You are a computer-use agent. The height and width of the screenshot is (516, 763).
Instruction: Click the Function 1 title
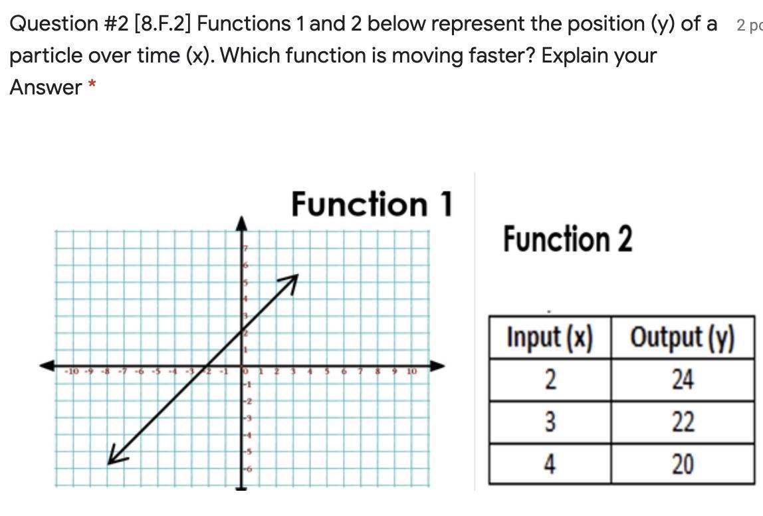(x=372, y=204)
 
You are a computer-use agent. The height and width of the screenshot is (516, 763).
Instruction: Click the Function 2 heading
(x=567, y=239)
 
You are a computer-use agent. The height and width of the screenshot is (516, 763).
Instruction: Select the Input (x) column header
(x=549, y=338)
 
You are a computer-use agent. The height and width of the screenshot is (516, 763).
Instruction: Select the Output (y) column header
(x=682, y=338)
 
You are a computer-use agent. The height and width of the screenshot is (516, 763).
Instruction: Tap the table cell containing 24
(x=682, y=380)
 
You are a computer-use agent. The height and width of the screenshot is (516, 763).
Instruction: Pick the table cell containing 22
(x=682, y=422)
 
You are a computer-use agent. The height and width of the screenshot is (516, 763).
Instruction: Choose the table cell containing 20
(x=682, y=463)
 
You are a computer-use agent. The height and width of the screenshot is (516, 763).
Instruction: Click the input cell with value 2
(x=550, y=380)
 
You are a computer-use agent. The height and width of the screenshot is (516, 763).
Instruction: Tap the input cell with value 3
(x=550, y=422)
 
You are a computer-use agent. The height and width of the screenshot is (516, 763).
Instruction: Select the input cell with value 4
(x=550, y=463)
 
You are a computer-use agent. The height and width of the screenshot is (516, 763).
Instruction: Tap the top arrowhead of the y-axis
(x=243, y=221)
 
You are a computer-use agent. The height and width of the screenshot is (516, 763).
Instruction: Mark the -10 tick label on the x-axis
(x=72, y=371)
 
